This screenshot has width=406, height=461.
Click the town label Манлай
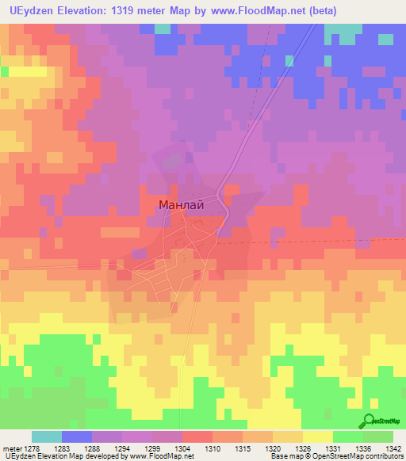click(x=182, y=204)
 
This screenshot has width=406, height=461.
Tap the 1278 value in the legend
click(x=32, y=448)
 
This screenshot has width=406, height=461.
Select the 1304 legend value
click(x=182, y=448)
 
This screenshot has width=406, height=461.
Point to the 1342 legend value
click(x=393, y=448)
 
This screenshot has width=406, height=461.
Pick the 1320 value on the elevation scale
click(x=273, y=448)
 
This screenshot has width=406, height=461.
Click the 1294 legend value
click(x=122, y=448)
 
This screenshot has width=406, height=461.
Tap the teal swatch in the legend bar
click(x=47, y=436)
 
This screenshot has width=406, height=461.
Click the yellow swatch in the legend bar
click(x=317, y=436)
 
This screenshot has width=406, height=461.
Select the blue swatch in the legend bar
click(x=77, y=436)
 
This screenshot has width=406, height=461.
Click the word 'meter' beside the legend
click(x=12, y=448)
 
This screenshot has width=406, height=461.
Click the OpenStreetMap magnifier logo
click(x=369, y=421)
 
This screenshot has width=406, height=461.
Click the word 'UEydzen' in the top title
click(x=29, y=11)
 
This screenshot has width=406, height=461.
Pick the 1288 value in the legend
click(x=92, y=448)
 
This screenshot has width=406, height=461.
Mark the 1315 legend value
click(x=243, y=448)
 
